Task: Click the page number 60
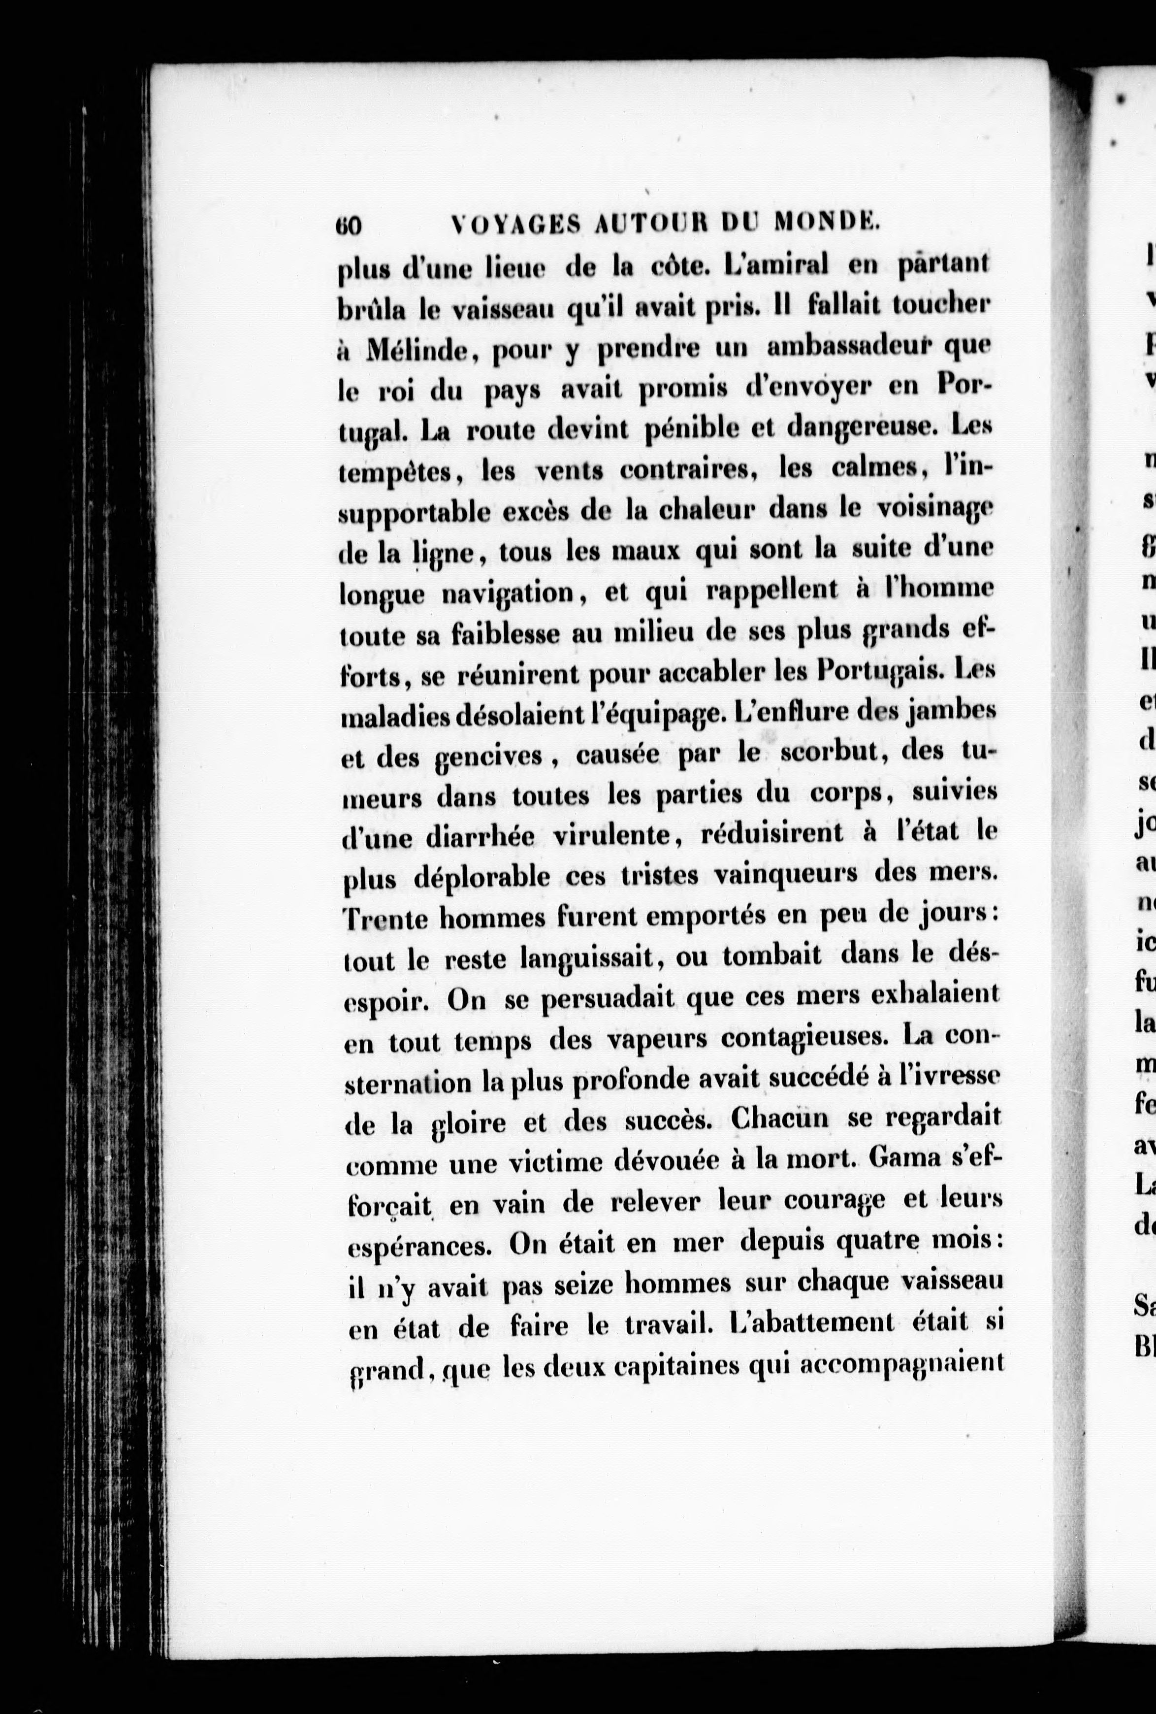tap(348, 225)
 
